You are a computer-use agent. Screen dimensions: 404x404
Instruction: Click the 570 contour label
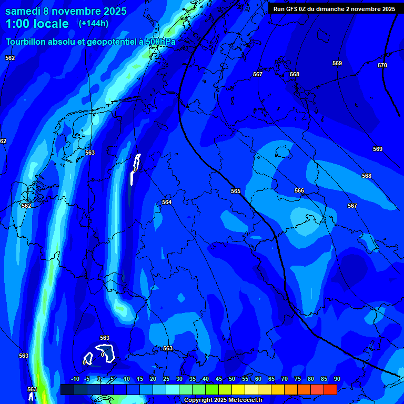pos(382,65)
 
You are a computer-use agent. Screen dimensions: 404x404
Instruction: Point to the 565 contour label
pos(236,191)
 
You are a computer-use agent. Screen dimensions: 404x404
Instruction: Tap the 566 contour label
pos(299,190)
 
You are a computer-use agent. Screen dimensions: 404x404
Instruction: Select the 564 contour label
pos(167,202)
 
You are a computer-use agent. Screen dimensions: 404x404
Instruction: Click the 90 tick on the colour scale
pos(337,379)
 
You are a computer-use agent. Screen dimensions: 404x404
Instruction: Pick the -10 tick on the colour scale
pos(75,379)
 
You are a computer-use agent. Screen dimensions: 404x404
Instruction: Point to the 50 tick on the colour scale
pos(231,379)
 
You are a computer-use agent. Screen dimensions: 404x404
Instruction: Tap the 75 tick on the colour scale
pos(297,379)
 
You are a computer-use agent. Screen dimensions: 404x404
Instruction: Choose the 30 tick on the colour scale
pos(179,379)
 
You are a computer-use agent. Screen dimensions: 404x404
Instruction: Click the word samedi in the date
pos(25,11)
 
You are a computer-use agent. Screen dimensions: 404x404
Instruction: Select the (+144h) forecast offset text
pos(93,23)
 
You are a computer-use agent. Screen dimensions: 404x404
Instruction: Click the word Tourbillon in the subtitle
pos(26,42)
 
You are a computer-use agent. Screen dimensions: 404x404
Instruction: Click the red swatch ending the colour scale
pos(330,389)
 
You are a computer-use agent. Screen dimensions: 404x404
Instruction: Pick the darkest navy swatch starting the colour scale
pos(67,389)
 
